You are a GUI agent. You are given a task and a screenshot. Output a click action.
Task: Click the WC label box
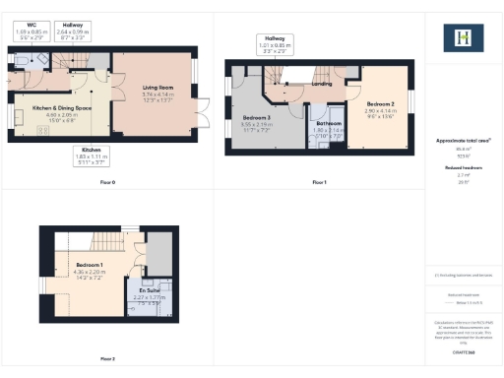pyautogui.click(x=32, y=29)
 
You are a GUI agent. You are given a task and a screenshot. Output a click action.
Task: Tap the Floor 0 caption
pyautogui.click(x=107, y=182)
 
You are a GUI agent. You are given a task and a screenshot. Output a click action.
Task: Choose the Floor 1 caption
pyautogui.click(x=318, y=182)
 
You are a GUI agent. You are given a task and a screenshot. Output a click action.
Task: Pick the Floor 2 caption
pyautogui.click(x=107, y=358)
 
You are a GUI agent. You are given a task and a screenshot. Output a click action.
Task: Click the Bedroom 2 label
pyautogui.click(x=381, y=103)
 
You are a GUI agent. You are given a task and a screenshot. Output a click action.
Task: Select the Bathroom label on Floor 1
pyautogui.click(x=328, y=123)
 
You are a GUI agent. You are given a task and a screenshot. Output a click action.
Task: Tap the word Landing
pyautogui.click(x=321, y=85)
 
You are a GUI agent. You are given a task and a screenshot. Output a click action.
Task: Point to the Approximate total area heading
pyautogui.click(x=462, y=141)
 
